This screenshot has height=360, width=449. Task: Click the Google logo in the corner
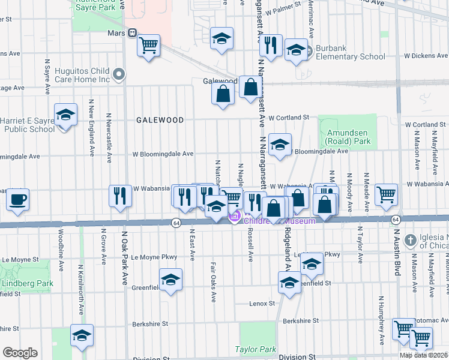20,353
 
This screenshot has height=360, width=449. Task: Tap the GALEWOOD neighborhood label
160,120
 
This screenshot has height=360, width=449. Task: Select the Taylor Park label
255,349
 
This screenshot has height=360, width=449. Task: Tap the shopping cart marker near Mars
148,45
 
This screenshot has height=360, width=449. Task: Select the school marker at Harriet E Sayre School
65,115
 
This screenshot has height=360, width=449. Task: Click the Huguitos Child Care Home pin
119,74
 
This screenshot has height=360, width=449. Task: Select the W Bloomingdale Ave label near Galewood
163,154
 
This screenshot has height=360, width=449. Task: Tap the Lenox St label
262,304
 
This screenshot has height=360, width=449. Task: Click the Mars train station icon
131,34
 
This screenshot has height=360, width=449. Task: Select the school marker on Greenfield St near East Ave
170,280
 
